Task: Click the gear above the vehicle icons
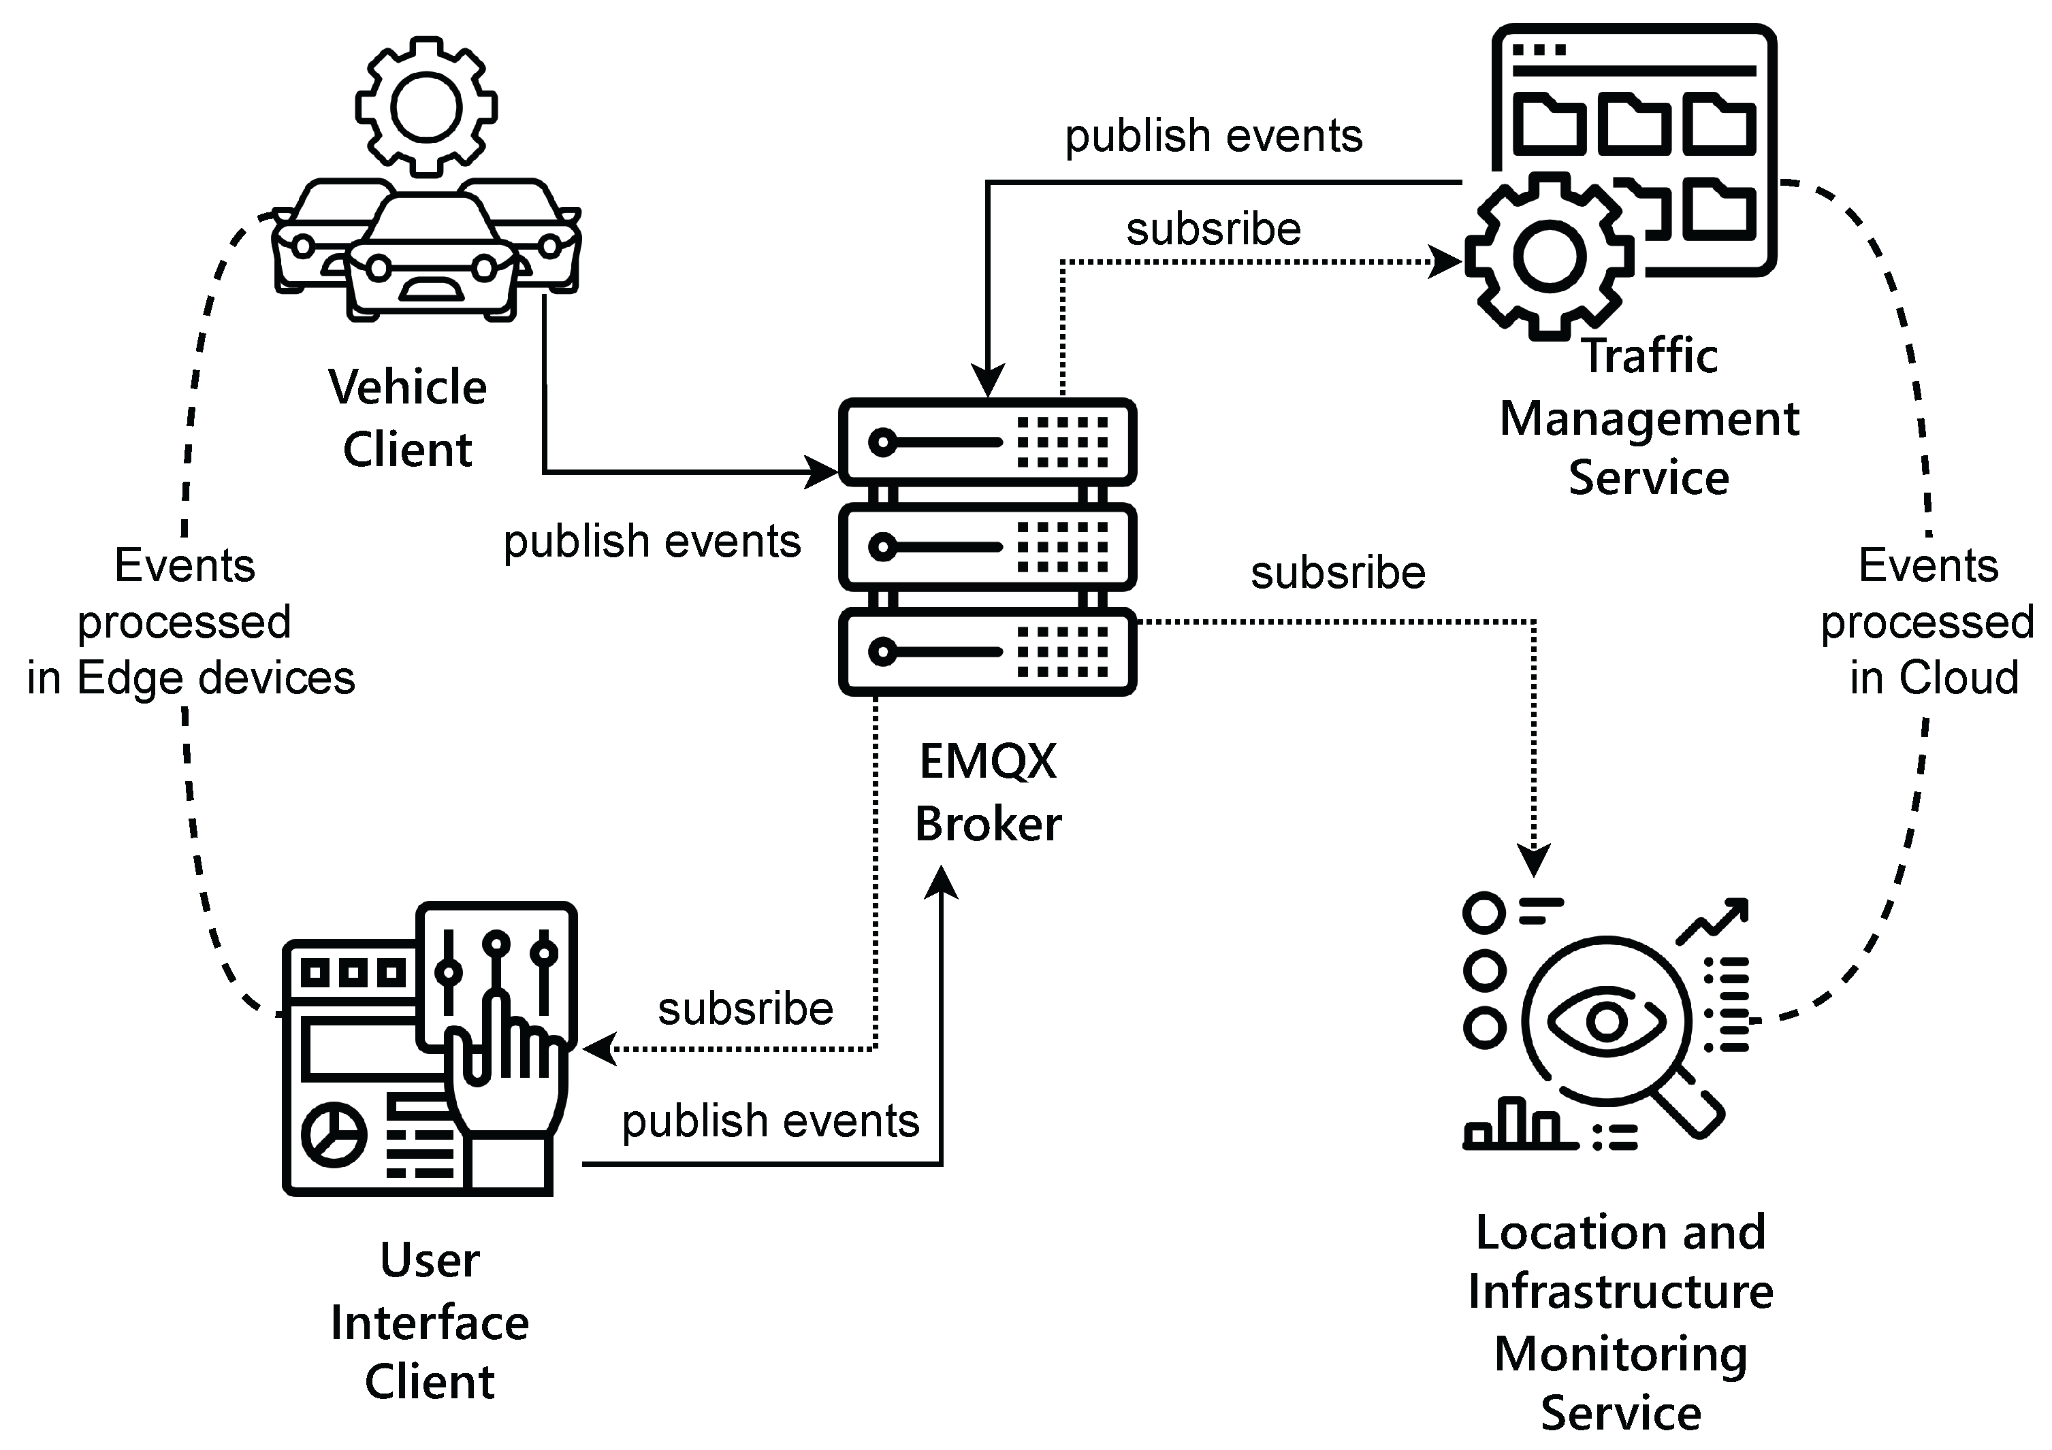tap(426, 108)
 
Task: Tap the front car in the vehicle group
tap(432, 259)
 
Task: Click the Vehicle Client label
tap(408, 417)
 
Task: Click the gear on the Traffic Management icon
tap(1548, 257)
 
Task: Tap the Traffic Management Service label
tap(1649, 417)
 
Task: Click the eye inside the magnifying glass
tap(1606, 1020)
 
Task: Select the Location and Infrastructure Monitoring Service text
tap(1620, 1322)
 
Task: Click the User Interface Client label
tap(430, 1321)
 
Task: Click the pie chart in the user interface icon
tap(334, 1135)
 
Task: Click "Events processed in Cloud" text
tap(1928, 622)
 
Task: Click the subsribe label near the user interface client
tap(746, 1010)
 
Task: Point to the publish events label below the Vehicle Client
tap(652, 542)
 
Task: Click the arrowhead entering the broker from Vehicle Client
tap(822, 472)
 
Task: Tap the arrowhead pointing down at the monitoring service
tap(1535, 860)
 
